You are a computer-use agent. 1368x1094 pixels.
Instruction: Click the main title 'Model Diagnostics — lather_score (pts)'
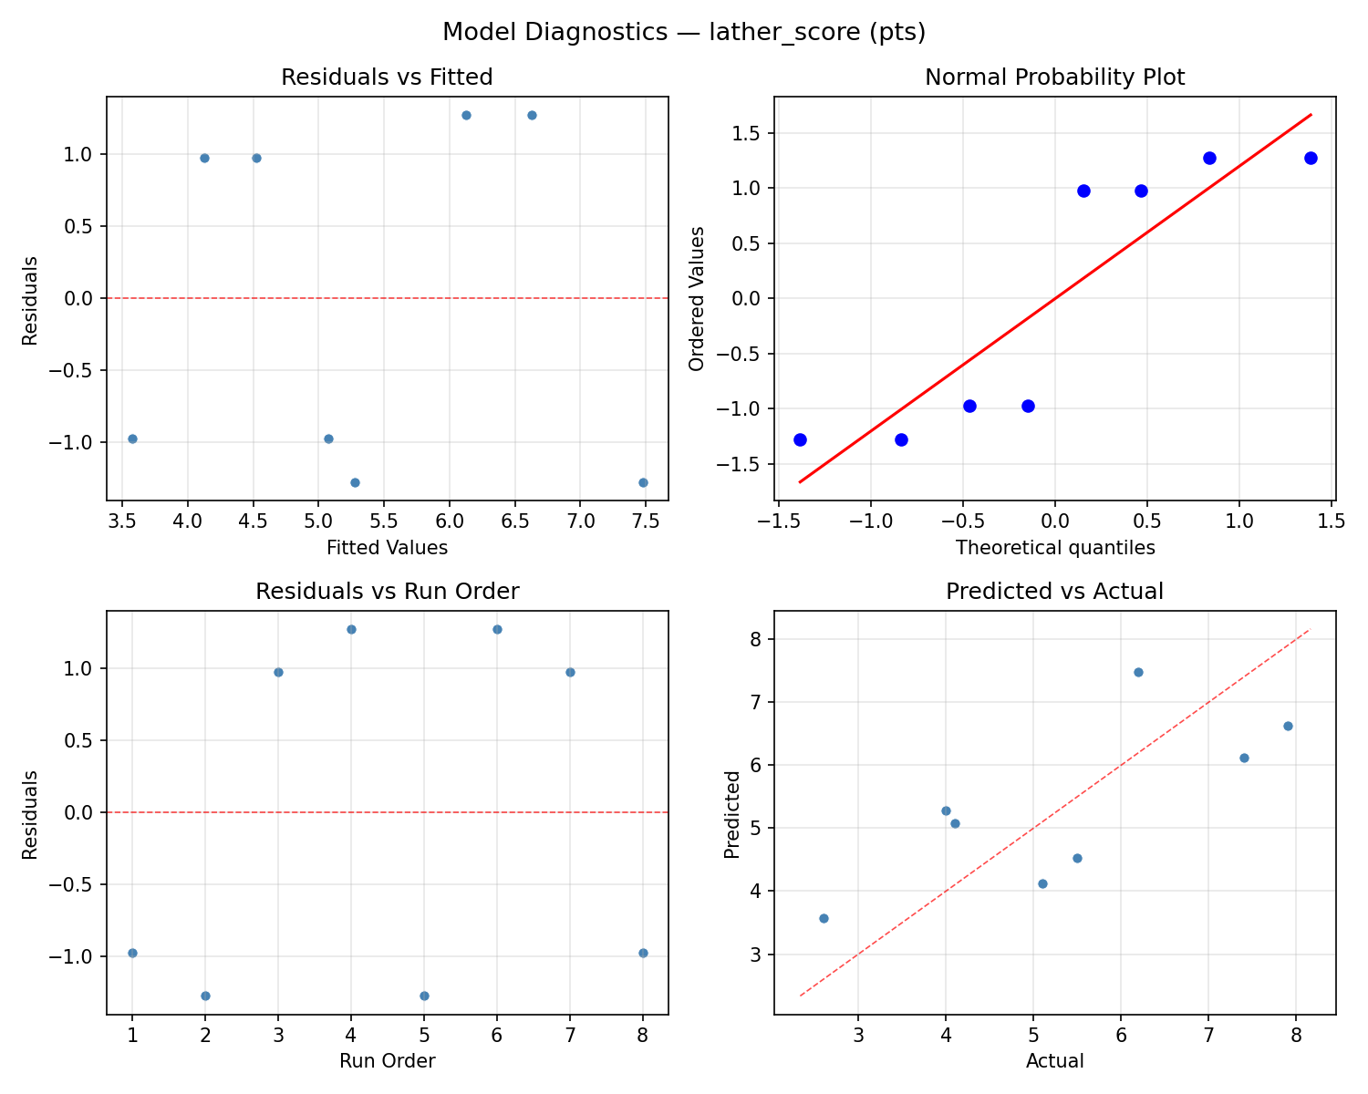684,33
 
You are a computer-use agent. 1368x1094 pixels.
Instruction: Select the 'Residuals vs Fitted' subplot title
387,77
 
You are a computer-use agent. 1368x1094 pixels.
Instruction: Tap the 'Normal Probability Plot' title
1054,77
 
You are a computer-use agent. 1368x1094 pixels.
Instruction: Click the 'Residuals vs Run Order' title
387,592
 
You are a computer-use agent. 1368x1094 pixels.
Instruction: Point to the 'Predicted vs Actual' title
1054,592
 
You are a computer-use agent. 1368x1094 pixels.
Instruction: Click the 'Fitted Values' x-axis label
387,548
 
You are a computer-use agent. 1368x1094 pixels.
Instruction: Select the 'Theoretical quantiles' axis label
1054,548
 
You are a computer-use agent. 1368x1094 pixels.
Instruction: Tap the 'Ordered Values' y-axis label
698,299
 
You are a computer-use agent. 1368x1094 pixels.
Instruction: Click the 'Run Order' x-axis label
387,1061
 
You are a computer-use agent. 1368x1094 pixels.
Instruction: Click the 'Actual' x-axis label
1054,1061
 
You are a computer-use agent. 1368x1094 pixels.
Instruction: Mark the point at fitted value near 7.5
643,482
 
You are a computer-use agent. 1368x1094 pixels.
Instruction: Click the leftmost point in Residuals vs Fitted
132,439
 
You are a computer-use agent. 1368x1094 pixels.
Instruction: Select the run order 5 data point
424,996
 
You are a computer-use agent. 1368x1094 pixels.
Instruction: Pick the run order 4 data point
351,629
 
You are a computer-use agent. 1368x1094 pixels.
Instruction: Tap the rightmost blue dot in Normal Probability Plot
1311,158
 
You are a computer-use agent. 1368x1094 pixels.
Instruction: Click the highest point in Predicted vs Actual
1138,672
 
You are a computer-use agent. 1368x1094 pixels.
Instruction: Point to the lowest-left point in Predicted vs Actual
824,918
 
